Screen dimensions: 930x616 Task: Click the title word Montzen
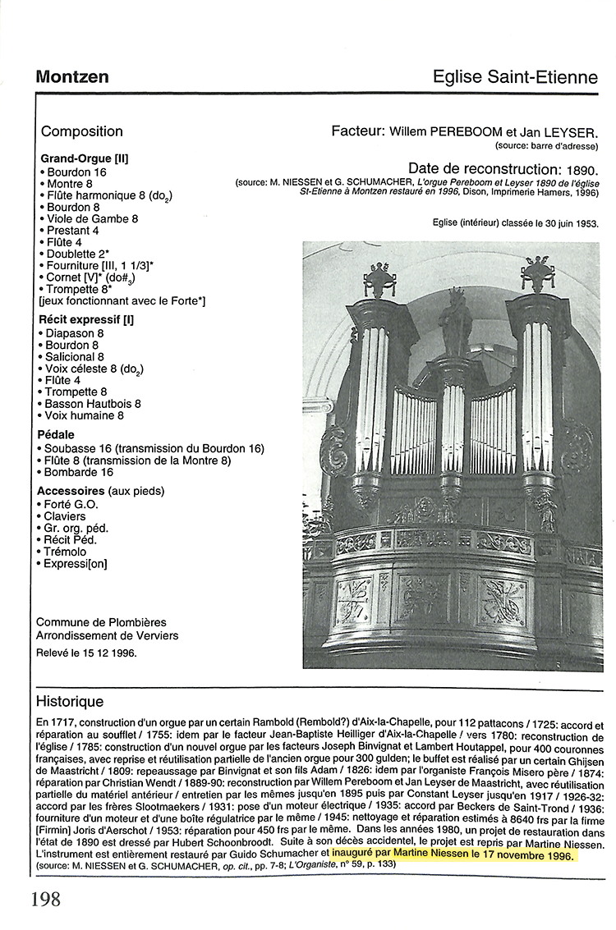[x=72, y=77]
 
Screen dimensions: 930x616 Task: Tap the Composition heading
[x=82, y=131]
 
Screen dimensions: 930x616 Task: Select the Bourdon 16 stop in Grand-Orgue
[x=75, y=172]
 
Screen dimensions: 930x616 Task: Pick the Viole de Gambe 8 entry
[x=91, y=219]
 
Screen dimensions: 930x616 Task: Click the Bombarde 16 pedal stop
[x=79, y=472]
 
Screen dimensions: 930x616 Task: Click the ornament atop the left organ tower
[x=379, y=279]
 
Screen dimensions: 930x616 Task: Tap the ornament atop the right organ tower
[x=537, y=273]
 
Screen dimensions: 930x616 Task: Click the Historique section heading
[x=70, y=702]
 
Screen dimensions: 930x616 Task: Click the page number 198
[x=46, y=898]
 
